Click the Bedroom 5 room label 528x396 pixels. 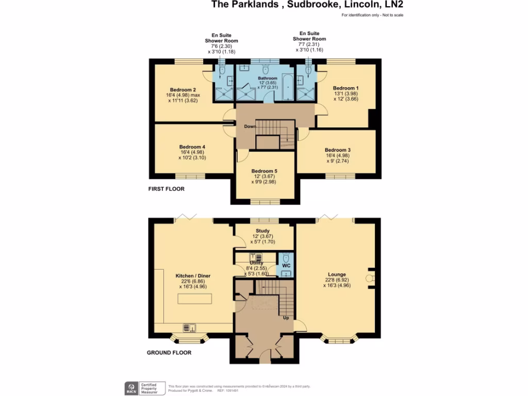click(x=265, y=171)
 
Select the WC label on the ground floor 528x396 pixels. click(x=286, y=266)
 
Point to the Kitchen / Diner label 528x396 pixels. click(x=193, y=276)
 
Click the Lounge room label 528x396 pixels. click(x=337, y=274)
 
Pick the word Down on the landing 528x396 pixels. click(x=250, y=126)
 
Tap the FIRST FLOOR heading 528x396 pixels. click(x=166, y=189)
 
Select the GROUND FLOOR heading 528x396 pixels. click(x=170, y=353)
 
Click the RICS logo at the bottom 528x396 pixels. click(x=131, y=388)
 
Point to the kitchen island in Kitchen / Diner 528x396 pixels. click(x=195, y=299)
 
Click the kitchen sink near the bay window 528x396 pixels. click(x=189, y=327)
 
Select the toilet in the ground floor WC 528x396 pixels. click(x=286, y=257)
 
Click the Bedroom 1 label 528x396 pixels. click(x=345, y=88)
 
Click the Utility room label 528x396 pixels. click(x=256, y=263)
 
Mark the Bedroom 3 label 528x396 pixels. click(x=338, y=150)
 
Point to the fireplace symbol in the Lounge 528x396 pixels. click(x=369, y=278)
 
